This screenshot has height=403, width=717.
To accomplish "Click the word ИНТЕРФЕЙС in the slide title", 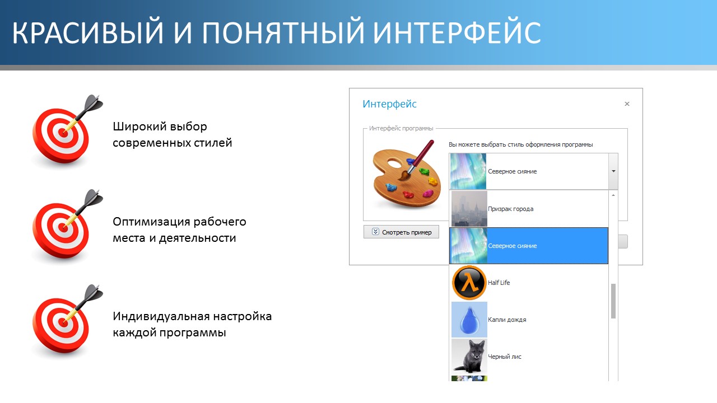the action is click(x=457, y=32).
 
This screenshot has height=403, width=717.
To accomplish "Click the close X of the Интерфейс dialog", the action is click(x=627, y=104).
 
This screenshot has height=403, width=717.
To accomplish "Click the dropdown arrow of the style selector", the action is click(x=613, y=171).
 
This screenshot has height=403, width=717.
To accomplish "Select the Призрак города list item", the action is click(x=510, y=209).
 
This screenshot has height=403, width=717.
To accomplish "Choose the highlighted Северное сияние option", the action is click(x=529, y=246).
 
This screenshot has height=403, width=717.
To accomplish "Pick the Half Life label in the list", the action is click(x=499, y=283).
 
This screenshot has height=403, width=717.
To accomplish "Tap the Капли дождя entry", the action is click(x=507, y=320).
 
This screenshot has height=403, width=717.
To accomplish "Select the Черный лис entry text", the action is click(x=505, y=357).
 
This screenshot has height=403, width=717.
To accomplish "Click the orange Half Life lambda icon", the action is click(x=469, y=283).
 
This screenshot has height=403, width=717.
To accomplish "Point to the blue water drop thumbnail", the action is click(x=469, y=320).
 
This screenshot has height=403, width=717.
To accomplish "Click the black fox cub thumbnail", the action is click(x=469, y=357).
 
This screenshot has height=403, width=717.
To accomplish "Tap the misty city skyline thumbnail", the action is click(x=469, y=209).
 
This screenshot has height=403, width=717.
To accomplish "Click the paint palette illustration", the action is click(x=407, y=175).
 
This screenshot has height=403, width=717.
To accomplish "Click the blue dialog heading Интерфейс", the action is click(x=389, y=104).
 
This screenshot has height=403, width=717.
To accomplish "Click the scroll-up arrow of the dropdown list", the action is click(x=613, y=195).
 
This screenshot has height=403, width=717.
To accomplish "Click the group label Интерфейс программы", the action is click(x=401, y=128).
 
